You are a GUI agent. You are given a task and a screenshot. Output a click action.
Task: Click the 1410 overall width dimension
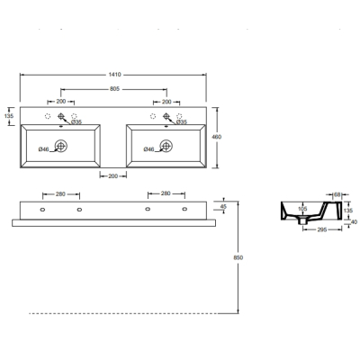(x=114, y=75)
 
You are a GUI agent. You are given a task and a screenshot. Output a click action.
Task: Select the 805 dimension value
(x=114, y=89)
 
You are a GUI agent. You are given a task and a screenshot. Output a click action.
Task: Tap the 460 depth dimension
(x=217, y=137)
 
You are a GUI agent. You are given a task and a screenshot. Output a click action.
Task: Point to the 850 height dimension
(x=238, y=257)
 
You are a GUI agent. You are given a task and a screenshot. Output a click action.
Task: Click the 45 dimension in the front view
(x=223, y=207)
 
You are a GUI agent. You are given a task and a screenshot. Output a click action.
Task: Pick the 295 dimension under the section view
(x=322, y=229)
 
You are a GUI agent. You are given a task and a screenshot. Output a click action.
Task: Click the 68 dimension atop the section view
(x=337, y=194)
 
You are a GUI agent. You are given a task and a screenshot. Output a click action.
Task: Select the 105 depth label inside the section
(x=303, y=209)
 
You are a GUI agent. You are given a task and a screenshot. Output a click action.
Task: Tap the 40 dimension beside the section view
(x=354, y=222)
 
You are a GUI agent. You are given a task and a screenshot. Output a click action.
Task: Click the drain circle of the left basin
(x=61, y=146)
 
